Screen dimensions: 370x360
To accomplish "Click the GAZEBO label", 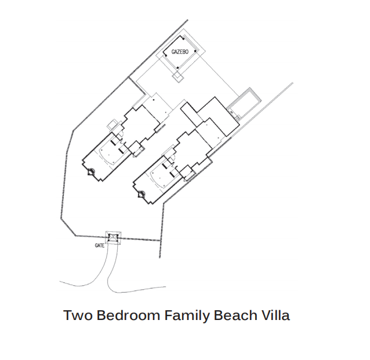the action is tap(180, 52).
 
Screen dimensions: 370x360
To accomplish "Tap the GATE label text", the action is tap(100, 246).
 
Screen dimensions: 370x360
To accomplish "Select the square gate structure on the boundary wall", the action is tap(113, 238).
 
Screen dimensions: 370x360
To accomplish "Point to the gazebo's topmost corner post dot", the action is tap(183, 39).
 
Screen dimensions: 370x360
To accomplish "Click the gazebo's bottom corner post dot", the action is tap(177, 68).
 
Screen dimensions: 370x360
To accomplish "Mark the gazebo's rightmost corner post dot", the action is tap(195, 50).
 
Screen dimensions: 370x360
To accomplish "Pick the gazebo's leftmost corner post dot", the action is tap(166, 56).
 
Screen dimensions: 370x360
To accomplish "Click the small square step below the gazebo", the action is tap(178, 77).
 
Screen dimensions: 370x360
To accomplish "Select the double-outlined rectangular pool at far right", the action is tap(244, 103).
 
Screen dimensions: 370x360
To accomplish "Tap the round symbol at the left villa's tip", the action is tap(91, 172).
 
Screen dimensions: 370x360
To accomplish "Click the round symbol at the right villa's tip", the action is tap(142, 194).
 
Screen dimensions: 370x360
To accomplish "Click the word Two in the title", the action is tap(78, 315).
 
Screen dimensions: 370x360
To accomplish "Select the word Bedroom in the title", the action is tap(128, 315).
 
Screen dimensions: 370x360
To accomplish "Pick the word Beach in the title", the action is tap(235, 315).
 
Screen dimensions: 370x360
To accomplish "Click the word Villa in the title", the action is tap(275, 315).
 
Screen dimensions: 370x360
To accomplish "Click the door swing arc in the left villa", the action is tap(121, 136).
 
